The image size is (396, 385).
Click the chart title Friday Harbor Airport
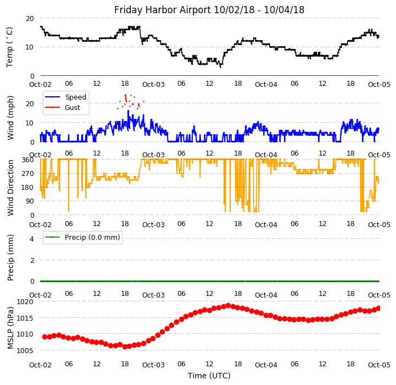pyautogui.click(x=209, y=10)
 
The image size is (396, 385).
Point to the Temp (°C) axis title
pyautogui.click(x=10, y=47)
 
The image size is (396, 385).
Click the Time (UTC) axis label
pyautogui.click(x=209, y=376)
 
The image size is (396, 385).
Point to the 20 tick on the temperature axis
pyautogui.click(x=30, y=18)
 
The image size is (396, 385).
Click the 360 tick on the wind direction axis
pyautogui.click(x=27, y=159)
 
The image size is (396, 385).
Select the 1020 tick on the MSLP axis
pyautogui.click(x=25, y=302)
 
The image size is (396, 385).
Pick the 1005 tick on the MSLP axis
pyautogui.click(x=25, y=350)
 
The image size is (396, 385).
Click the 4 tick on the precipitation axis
pyautogui.click(x=32, y=239)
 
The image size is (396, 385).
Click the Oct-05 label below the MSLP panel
pyautogui.click(x=379, y=365)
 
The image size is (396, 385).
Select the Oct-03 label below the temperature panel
pyautogui.click(x=153, y=85)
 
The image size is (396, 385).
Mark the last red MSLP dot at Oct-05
pyautogui.click(x=378, y=308)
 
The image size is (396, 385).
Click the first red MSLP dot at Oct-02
pyautogui.click(x=44, y=337)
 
